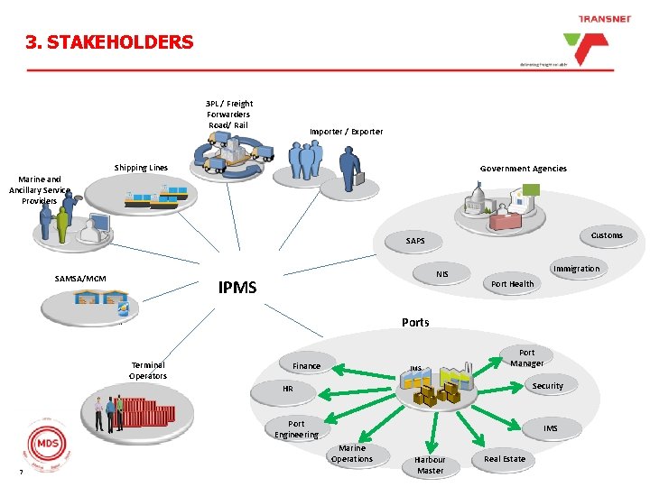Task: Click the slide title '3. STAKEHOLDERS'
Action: pyautogui.click(x=110, y=42)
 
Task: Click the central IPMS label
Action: pyautogui.click(x=237, y=288)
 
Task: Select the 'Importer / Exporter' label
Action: pyautogui.click(x=346, y=132)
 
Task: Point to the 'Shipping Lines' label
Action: pyautogui.click(x=141, y=168)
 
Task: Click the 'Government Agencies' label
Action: pyautogui.click(x=523, y=169)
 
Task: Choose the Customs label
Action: pyautogui.click(x=606, y=235)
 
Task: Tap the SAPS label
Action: pyautogui.click(x=415, y=241)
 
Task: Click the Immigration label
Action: pyautogui.click(x=576, y=269)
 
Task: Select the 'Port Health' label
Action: pyautogui.click(x=512, y=284)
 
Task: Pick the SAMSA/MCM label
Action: pyautogui.click(x=80, y=278)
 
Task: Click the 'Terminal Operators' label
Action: pyautogui.click(x=147, y=371)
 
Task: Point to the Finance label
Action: pyautogui.click(x=306, y=366)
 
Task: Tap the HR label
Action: pyautogui.click(x=287, y=389)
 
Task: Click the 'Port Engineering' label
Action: pyautogui.click(x=296, y=429)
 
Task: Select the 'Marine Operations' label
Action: pyautogui.click(x=351, y=454)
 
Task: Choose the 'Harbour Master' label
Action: pyautogui.click(x=430, y=465)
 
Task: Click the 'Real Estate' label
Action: pyautogui.click(x=504, y=459)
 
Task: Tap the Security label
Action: pyautogui.click(x=547, y=386)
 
